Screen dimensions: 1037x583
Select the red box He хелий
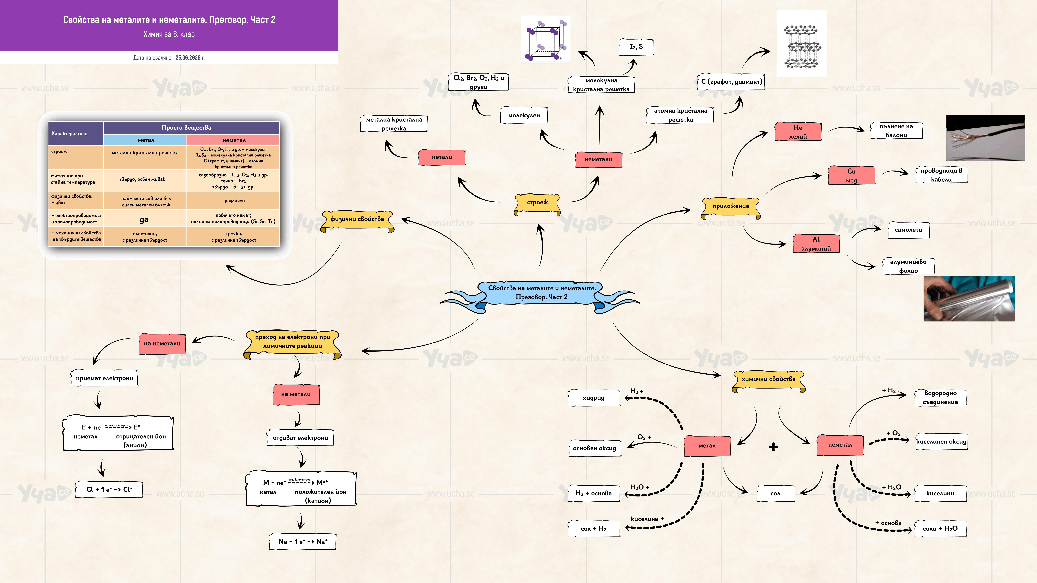(x=798, y=132)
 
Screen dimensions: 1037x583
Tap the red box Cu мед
(x=851, y=175)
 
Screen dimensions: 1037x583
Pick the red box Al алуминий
(x=816, y=243)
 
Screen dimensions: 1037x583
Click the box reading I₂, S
(x=636, y=47)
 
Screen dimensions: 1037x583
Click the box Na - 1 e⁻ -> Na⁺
(x=303, y=542)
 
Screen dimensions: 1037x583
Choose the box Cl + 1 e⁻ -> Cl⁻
(x=109, y=489)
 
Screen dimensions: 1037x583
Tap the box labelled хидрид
(x=594, y=398)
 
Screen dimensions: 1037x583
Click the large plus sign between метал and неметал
(x=773, y=447)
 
